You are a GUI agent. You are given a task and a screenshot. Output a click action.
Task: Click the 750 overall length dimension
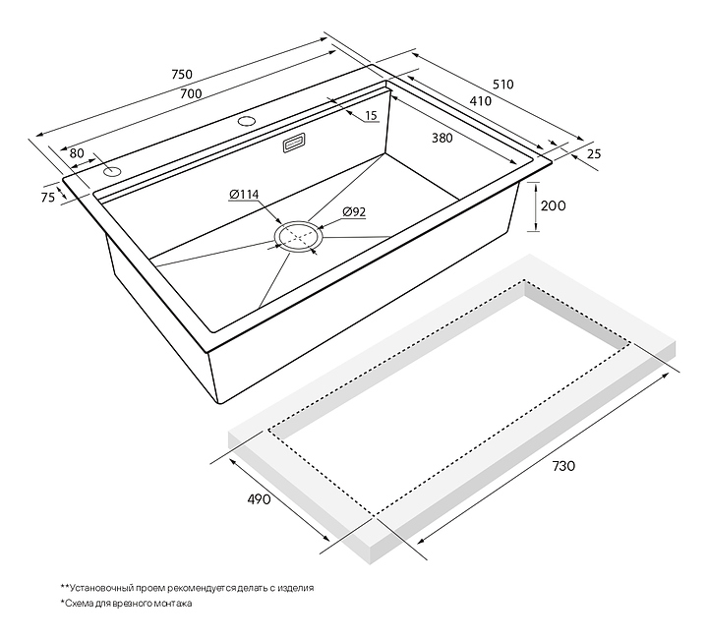pos(182,74)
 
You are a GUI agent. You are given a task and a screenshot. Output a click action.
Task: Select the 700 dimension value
pos(191,93)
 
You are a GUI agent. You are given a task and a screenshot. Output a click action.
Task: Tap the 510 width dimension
pos(503,85)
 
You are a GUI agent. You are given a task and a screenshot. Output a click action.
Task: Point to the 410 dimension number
pos(481,101)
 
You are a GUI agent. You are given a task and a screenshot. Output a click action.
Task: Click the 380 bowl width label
pos(442,138)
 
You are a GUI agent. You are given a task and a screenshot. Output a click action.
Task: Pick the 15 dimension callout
pos(371,116)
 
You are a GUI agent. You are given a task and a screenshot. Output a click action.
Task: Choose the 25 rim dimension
pos(594,154)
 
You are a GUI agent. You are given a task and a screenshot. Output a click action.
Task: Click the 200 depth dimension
pos(553,205)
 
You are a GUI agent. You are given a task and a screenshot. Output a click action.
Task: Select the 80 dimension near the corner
pos(77,153)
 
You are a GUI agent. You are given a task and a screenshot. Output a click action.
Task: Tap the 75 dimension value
pos(48,197)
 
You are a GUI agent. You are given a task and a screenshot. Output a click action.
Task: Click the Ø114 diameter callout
pos(244,195)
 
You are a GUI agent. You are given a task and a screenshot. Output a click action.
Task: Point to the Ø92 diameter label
pos(354,211)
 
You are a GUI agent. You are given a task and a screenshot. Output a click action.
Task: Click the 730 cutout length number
pos(563,465)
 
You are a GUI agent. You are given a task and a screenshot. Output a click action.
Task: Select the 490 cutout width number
pos(260,499)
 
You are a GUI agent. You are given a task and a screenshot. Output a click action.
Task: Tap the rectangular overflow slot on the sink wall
pos(295,143)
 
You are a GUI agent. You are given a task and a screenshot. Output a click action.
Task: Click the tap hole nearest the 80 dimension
pos(112,171)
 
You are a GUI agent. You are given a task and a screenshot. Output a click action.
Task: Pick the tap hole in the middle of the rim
pos(247,121)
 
